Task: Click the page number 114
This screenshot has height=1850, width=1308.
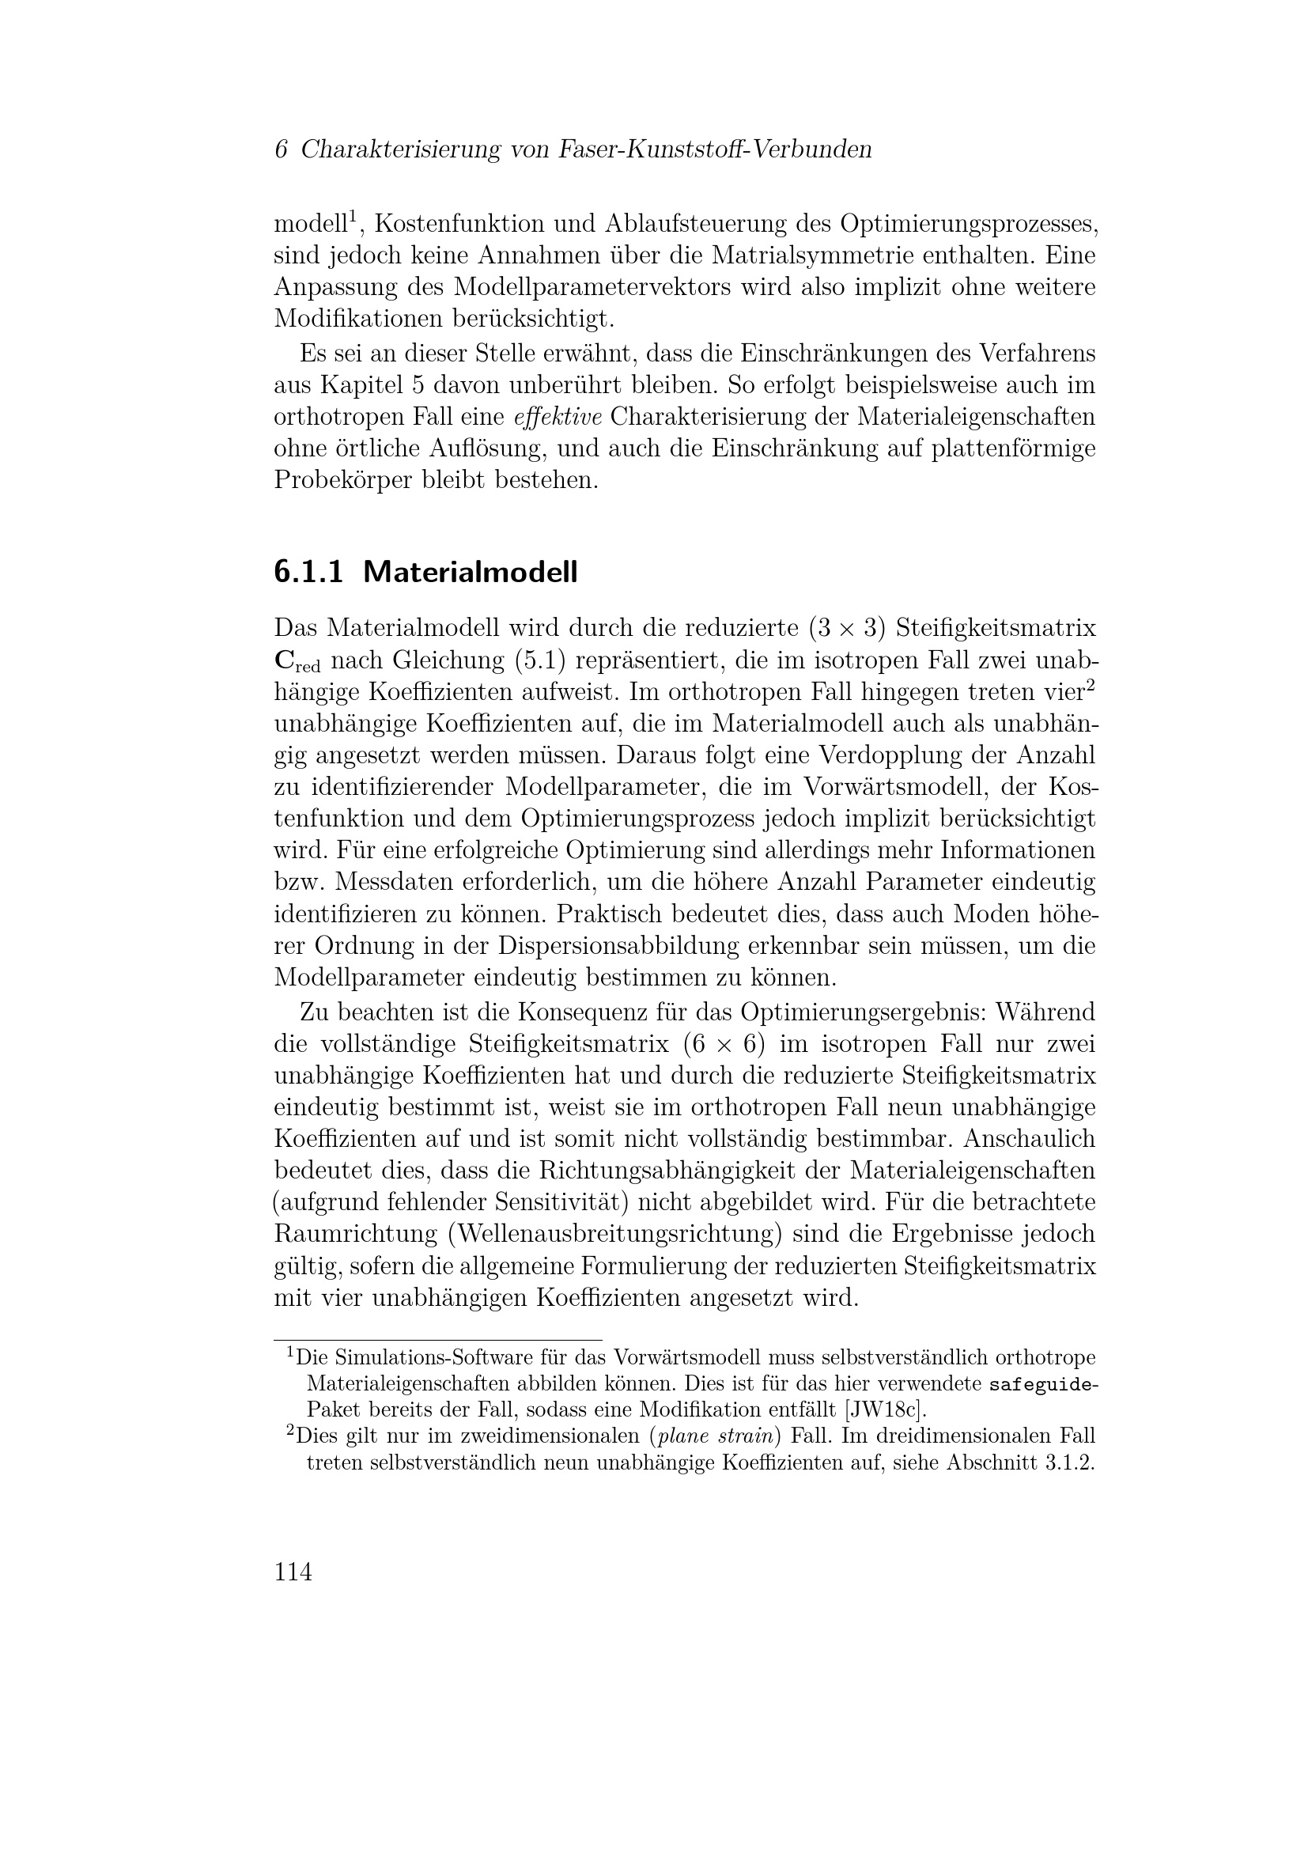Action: pyautogui.click(x=293, y=1572)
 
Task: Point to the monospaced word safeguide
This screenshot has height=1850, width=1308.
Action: pyautogui.click(x=1040, y=1385)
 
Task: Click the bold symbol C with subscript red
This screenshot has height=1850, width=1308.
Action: pyautogui.click(x=297, y=661)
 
